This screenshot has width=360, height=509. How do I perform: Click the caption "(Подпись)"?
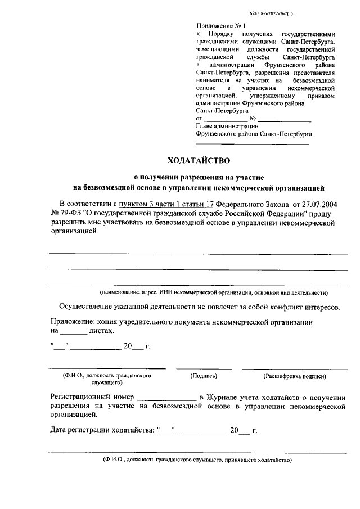click(x=204, y=376)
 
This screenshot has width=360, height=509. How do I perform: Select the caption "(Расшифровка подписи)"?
click(x=294, y=376)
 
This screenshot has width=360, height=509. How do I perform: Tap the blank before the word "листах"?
click(x=72, y=332)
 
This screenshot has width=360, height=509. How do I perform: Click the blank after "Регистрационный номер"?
click(x=166, y=397)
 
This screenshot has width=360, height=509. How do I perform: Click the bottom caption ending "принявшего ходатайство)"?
click(x=197, y=460)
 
